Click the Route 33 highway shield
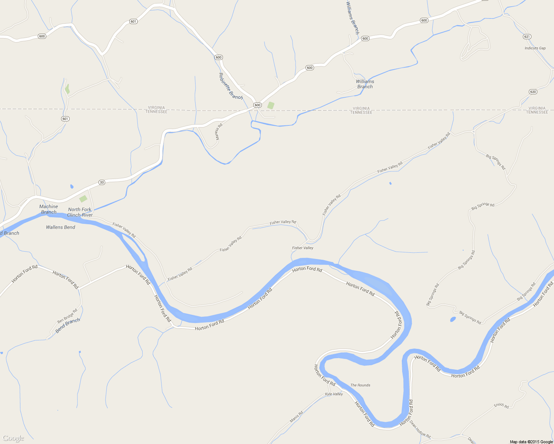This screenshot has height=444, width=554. click(x=102, y=182)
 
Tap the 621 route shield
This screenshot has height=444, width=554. click(x=527, y=37)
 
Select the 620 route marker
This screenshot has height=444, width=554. click(x=533, y=92)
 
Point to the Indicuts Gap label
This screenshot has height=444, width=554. click(x=535, y=48)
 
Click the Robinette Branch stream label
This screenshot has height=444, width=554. click(x=230, y=86)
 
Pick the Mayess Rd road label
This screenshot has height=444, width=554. click(x=219, y=131)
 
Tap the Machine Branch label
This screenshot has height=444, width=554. click(x=49, y=209)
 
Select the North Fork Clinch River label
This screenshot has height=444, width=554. click(x=80, y=212)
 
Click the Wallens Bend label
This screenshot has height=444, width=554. click(x=60, y=227)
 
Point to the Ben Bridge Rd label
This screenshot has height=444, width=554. click(x=67, y=316)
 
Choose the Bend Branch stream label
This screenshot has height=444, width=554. click(x=67, y=325)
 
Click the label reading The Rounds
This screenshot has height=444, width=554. click(x=360, y=385)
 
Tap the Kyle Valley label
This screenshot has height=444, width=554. click(x=334, y=394)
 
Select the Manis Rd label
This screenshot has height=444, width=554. click(x=296, y=417)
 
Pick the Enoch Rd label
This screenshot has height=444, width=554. click(x=501, y=406)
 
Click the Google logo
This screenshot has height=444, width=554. click(x=13, y=438)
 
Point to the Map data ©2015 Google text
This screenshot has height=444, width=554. click(x=531, y=442)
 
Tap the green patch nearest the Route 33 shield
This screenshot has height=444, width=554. click(x=83, y=199)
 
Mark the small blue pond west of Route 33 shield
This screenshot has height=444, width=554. click(x=71, y=186)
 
